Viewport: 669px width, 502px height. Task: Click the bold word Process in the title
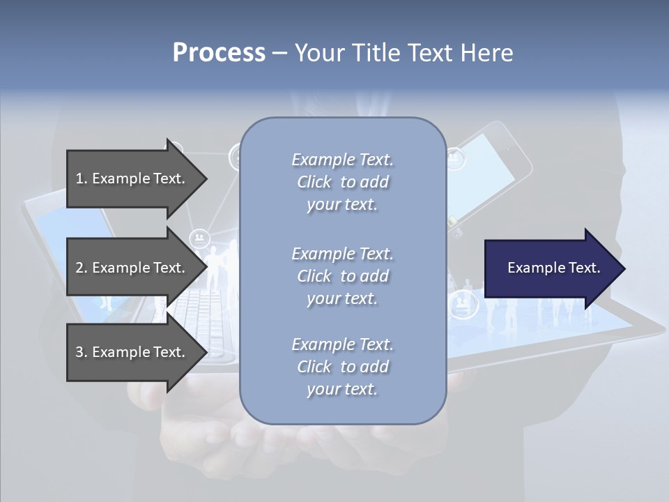point(219,53)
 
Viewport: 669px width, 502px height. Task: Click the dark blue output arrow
point(551,268)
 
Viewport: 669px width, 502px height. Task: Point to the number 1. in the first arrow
point(81,178)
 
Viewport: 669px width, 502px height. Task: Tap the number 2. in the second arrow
point(81,268)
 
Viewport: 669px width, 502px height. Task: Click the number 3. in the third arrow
point(81,352)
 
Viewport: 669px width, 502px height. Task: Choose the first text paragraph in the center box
point(342,182)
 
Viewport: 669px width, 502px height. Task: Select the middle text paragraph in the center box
point(342,276)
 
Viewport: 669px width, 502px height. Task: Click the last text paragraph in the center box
point(342,367)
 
